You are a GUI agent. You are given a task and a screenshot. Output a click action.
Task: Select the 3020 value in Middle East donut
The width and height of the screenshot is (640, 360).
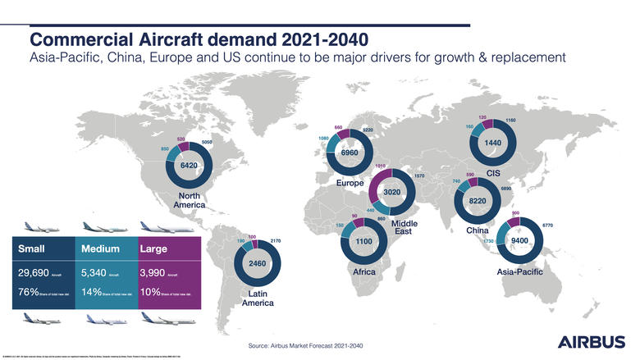(396, 191)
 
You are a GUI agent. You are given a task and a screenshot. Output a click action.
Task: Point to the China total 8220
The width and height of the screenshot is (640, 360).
(478, 200)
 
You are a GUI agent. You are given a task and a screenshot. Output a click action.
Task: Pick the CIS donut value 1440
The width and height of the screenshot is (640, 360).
(492, 142)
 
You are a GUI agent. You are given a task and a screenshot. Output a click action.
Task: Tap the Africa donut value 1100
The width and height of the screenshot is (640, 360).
(364, 242)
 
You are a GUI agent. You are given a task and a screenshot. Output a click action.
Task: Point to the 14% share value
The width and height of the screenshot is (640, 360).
(95, 292)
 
